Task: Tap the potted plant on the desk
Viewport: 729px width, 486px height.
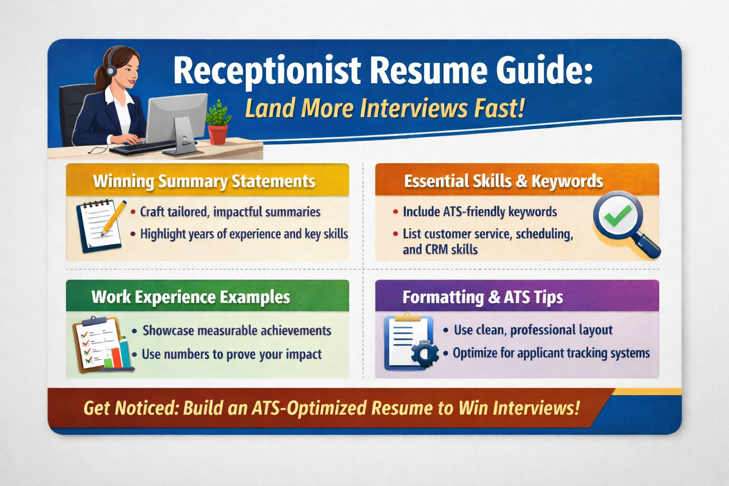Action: point(217,122)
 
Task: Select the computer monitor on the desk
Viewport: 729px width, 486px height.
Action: point(177,119)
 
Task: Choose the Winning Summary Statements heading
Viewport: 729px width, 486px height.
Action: point(204,181)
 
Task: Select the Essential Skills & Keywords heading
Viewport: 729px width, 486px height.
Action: point(504,181)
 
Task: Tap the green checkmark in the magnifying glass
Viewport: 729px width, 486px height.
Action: point(617,216)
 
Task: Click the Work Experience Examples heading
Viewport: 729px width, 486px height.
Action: point(191,297)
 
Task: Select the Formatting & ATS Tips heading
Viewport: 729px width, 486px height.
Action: point(483,298)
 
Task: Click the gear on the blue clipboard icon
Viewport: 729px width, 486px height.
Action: point(424,354)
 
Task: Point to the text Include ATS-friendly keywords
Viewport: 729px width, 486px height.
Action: point(480,212)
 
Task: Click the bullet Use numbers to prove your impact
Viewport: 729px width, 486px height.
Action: point(232,354)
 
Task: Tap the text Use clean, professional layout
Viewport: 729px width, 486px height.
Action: point(533,330)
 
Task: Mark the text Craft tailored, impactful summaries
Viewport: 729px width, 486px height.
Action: point(230,212)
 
